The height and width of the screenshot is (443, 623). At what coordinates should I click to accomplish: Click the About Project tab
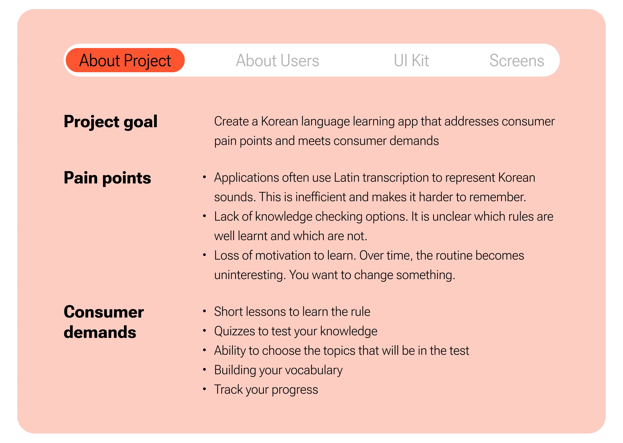[x=125, y=60]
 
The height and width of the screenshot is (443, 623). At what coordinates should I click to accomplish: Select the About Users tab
[x=277, y=60]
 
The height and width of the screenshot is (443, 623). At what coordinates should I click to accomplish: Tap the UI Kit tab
[x=411, y=60]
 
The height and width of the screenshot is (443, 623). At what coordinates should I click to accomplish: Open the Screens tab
[x=517, y=60]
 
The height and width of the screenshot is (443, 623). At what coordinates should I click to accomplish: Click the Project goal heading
[x=111, y=122]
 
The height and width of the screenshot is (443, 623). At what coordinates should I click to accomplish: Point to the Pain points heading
[x=107, y=178]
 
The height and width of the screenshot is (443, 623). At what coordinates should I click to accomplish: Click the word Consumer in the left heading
[x=104, y=312]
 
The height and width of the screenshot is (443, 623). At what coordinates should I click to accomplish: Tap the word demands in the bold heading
[x=100, y=332]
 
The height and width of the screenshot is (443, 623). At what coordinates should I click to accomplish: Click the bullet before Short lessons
[x=204, y=311]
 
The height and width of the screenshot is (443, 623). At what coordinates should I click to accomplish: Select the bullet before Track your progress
[x=204, y=389]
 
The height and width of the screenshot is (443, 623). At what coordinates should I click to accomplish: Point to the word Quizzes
[x=234, y=331]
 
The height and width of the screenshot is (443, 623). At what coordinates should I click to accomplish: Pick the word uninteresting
[x=250, y=275]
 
